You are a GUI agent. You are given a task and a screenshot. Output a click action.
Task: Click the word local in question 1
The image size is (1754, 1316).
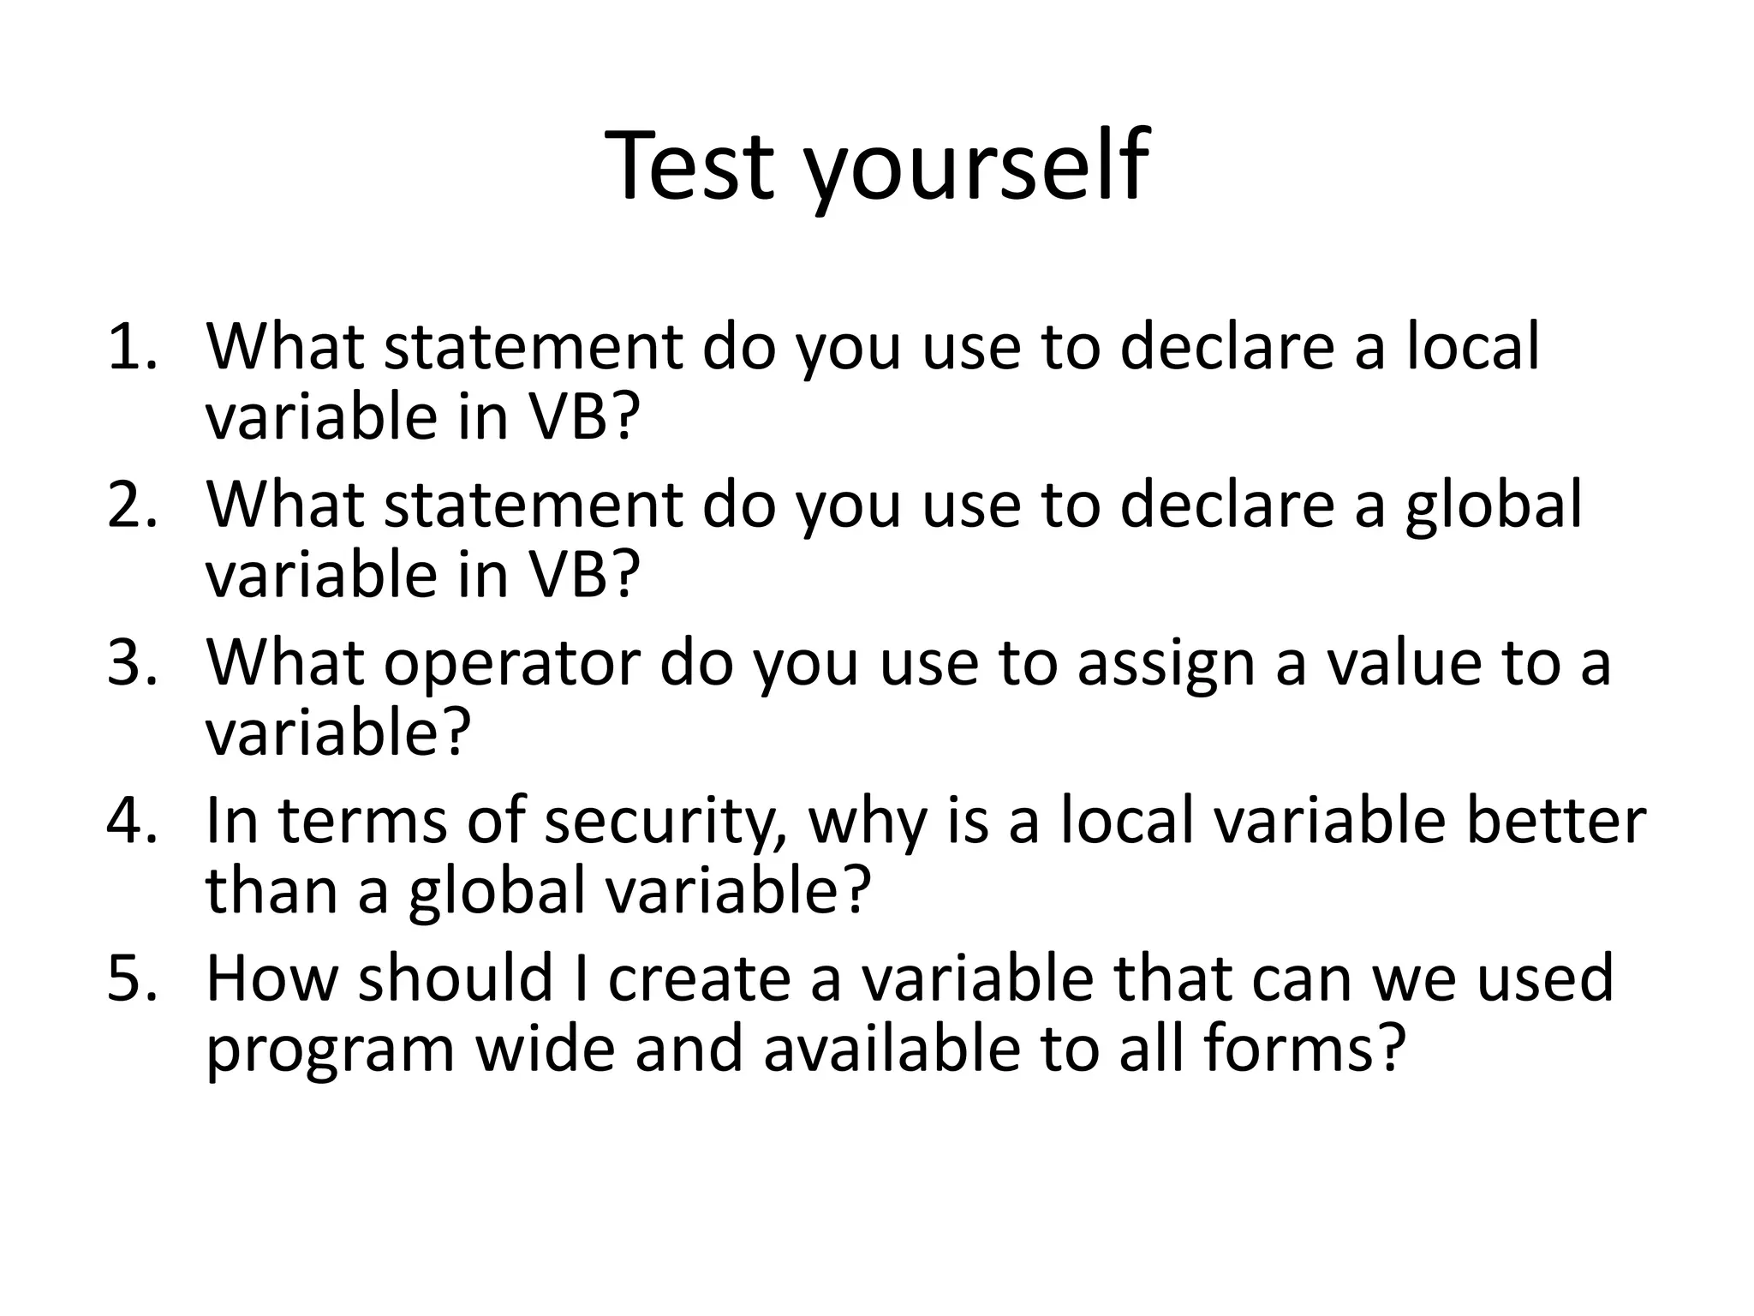pyautogui.click(x=1472, y=347)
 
